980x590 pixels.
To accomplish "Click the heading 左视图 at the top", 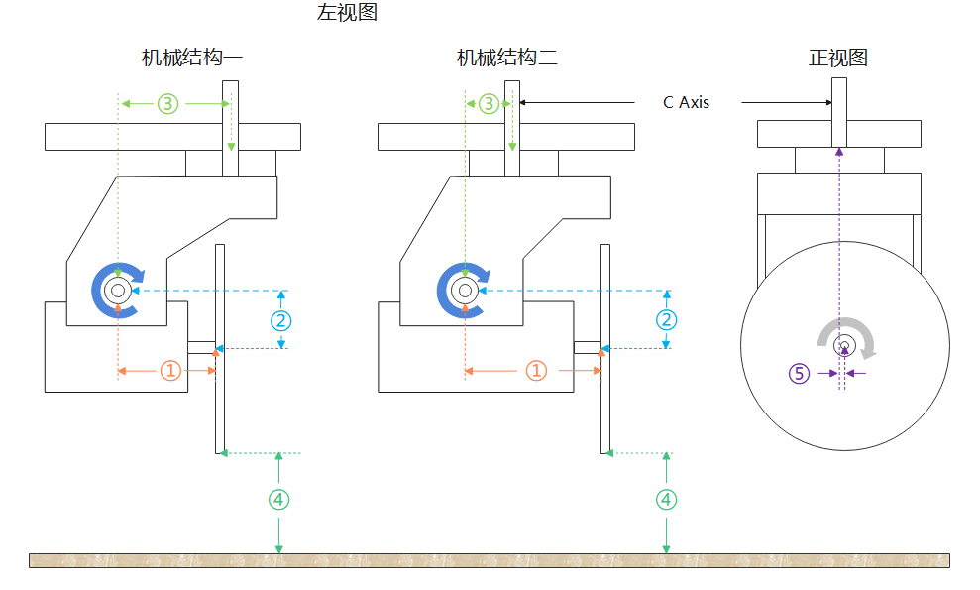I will [x=347, y=13].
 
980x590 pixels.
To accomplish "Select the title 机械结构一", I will [x=192, y=58].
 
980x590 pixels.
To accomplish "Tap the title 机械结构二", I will [x=506, y=58].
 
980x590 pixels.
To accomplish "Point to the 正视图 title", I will [x=838, y=58].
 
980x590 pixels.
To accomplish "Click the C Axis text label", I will [x=686, y=102].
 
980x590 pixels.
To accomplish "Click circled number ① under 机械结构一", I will [x=170, y=371].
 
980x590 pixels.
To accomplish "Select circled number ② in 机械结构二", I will [x=667, y=320].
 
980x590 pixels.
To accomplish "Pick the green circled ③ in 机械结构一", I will [x=167, y=103].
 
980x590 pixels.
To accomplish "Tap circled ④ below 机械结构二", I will [x=667, y=500].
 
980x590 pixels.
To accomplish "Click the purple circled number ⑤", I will [x=799, y=373].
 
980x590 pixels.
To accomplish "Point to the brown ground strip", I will [x=490, y=560].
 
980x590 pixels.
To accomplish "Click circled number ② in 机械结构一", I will [x=281, y=320].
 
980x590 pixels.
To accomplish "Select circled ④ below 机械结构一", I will [x=279, y=500].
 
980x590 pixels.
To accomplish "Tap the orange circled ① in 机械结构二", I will [x=535, y=371].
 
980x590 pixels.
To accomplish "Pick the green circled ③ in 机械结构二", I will [x=489, y=103].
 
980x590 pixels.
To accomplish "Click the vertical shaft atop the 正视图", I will [x=839, y=98].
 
